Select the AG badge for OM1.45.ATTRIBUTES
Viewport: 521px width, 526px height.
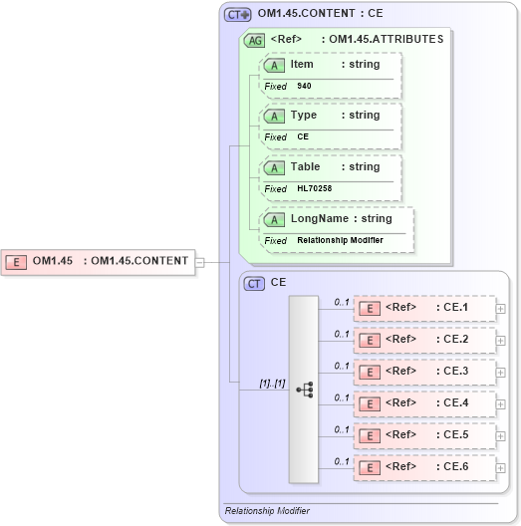click(255, 40)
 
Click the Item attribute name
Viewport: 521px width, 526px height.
click(302, 64)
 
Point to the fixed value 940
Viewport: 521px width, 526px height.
click(303, 86)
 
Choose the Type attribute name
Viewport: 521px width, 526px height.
click(303, 115)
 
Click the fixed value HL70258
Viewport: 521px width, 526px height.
click(313, 188)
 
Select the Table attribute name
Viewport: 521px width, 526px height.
click(305, 166)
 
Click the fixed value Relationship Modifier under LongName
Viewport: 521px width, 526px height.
click(340, 240)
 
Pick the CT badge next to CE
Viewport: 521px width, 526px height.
click(255, 283)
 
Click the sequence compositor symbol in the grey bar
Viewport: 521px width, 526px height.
click(305, 390)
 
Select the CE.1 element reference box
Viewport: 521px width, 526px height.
click(424, 308)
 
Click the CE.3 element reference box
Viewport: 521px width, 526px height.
click(424, 372)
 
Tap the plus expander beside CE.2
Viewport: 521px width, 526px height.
click(501, 340)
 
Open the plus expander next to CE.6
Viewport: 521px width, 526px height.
click(501, 467)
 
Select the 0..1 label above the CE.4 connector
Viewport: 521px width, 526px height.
click(342, 396)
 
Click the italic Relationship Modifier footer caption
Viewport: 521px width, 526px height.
click(267, 510)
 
